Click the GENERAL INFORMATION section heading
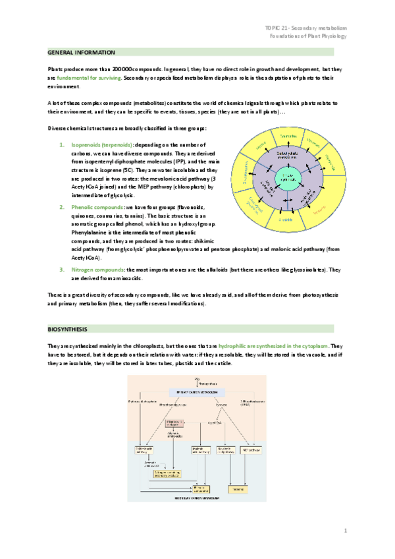coord(82,52)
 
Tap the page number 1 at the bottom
coord(345,529)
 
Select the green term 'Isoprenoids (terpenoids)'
coord(100,144)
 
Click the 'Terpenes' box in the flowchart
coord(239,488)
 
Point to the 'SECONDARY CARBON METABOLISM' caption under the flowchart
coord(196,500)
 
